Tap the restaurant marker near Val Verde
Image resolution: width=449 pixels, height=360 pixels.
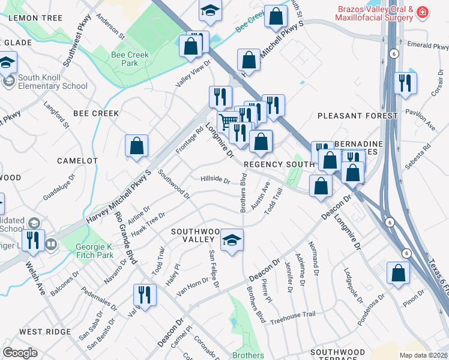click(144, 294)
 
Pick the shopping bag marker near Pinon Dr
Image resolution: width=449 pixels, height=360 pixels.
click(399, 273)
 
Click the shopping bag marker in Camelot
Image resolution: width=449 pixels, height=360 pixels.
click(137, 146)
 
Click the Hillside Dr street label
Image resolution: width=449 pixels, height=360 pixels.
click(215, 179)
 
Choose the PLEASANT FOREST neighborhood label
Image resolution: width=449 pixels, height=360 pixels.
click(357, 115)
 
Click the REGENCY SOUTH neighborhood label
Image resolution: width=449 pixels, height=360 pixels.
click(279, 164)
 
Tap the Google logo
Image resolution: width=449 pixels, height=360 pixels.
click(20, 353)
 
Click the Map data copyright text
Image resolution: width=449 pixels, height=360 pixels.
click(422, 355)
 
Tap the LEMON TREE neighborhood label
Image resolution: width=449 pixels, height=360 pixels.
click(35, 18)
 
